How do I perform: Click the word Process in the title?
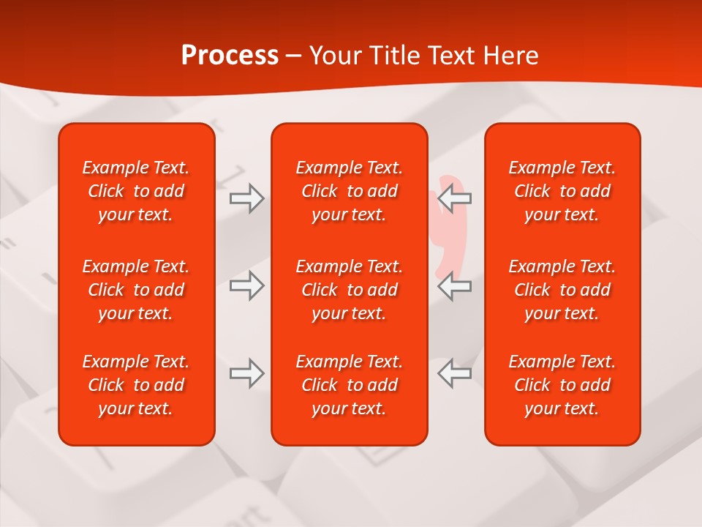point(230,56)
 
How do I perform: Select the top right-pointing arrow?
point(246,198)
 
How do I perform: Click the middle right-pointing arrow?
point(246,285)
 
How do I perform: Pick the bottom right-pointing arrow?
point(246,373)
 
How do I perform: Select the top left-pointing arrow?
point(455,198)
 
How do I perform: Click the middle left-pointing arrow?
point(455,285)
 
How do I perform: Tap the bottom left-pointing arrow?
point(455,373)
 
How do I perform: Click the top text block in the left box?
point(136,191)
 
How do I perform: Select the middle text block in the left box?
point(136,290)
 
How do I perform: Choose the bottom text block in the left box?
point(136,385)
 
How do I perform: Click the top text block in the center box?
point(349,191)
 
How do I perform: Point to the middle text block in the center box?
point(349,290)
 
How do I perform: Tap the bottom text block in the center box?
point(349,385)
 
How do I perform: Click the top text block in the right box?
point(562,191)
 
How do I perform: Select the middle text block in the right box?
point(562,290)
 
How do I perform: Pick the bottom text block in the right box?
point(562,385)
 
